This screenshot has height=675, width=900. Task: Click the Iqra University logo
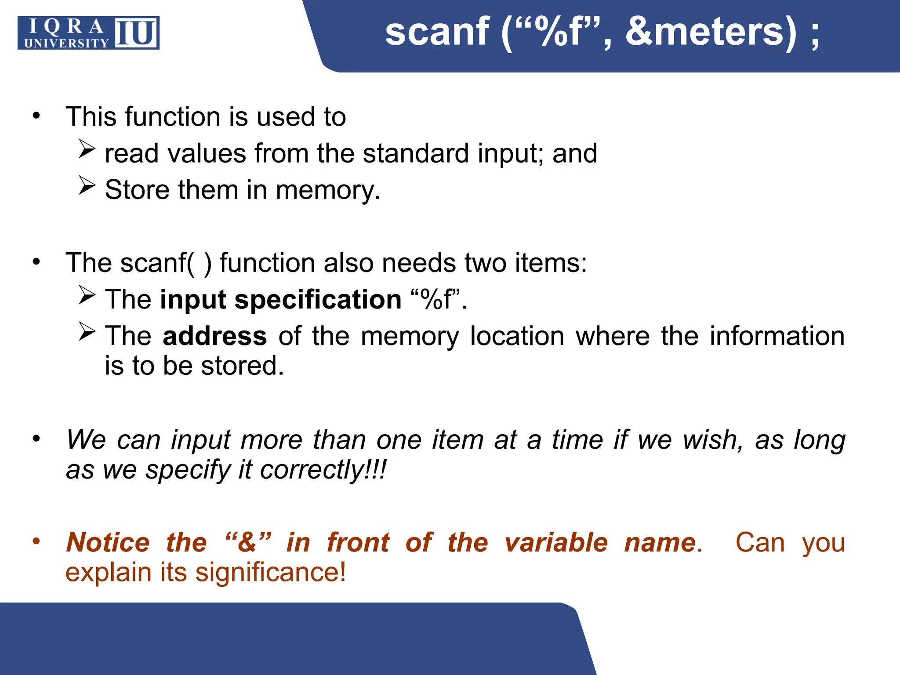tap(88, 33)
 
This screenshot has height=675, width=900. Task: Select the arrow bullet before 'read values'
tap(87, 149)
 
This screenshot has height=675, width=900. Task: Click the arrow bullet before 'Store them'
tap(87, 185)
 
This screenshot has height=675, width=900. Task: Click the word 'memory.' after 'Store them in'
tap(328, 190)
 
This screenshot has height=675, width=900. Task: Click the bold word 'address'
tap(214, 336)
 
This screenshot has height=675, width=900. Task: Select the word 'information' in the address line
tap(777, 336)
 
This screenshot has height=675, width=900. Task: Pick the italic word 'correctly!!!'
tap(323, 469)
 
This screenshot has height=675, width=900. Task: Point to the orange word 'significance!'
tap(271, 572)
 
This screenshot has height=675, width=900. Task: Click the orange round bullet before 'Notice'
tap(36, 541)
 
